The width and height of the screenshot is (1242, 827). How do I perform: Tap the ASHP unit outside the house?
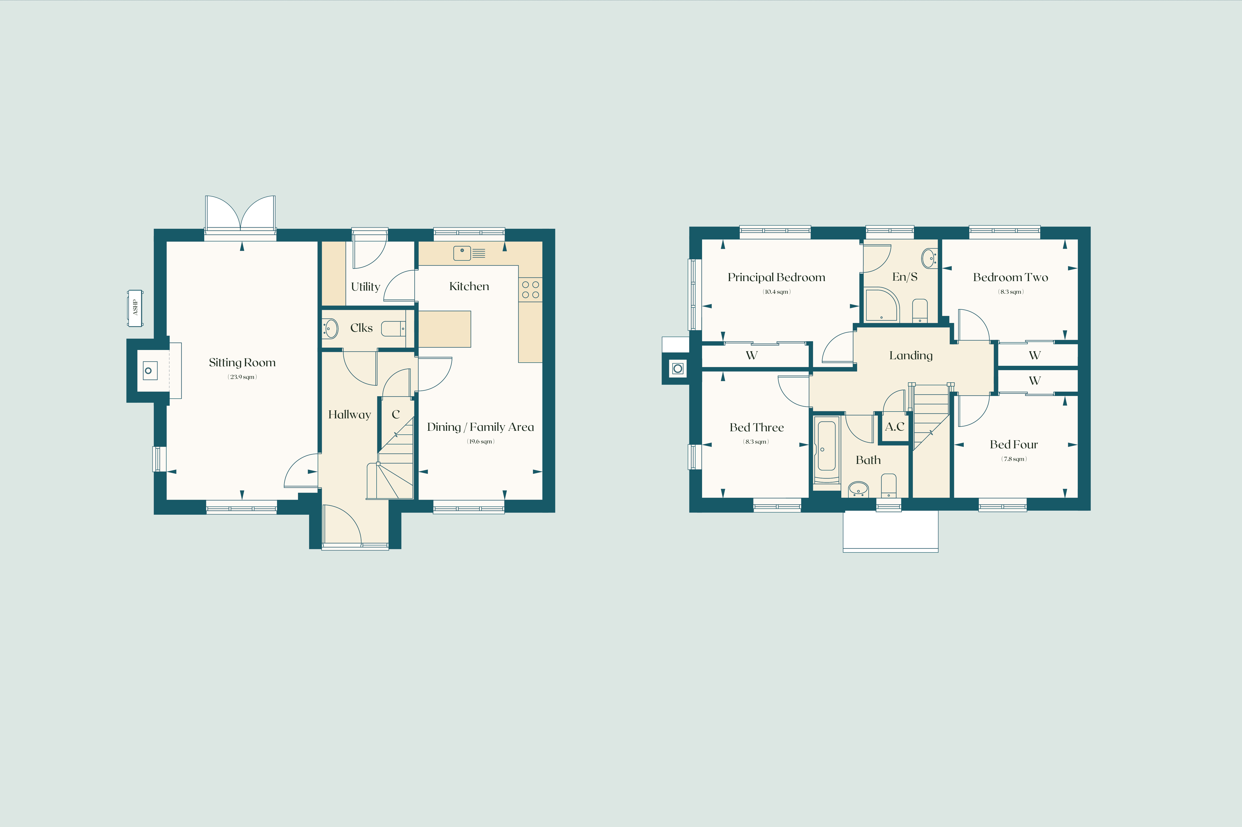click(x=135, y=308)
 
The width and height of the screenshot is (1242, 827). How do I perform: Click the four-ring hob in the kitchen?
click(x=530, y=290)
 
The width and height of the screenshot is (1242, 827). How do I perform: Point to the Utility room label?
click(x=365, y=287)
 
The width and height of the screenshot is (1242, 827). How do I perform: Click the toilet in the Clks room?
click(x=393, y=329)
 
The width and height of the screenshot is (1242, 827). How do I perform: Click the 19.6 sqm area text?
click(x=481, y=441)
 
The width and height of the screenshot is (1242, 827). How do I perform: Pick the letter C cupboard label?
click(x=396, y=414)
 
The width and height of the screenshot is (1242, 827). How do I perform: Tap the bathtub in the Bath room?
click(x=826, y=450)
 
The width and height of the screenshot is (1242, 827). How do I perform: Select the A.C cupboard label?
click(x=894, y=427)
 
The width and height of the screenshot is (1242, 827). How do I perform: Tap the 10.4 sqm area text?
click(x=776, y=292)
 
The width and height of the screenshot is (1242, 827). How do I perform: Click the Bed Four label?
click(x=1014, y=445)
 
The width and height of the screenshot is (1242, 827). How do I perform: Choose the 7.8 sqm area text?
click(x=1014, y=459)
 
